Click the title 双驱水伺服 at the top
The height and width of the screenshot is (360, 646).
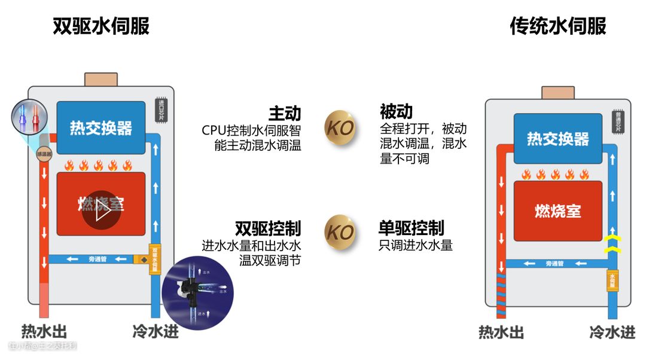click(100, 26)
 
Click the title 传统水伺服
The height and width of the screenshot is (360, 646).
click(557, 26)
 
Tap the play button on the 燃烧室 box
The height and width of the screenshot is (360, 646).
click(101, 210)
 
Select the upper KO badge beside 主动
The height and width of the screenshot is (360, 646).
click(340, 127)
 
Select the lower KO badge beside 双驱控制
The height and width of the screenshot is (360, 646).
click(340, 231)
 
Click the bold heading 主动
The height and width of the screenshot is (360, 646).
click(284, 113)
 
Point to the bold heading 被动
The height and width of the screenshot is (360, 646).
click(397, 112)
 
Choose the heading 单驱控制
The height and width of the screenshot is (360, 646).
click(411, 228)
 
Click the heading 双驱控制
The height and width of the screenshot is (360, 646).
click(267, 228)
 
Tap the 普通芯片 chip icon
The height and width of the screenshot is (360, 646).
click(616, 122)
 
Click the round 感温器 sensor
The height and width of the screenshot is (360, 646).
click(44, 154)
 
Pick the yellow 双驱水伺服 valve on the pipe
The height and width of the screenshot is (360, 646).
click(155, 260)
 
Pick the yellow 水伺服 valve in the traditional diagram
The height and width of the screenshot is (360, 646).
click(612, 280)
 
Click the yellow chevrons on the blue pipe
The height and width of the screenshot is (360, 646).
click(611, 244)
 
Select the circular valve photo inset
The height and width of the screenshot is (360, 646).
click(197, 294)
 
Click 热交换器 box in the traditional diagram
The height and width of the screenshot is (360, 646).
click(557, 139)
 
